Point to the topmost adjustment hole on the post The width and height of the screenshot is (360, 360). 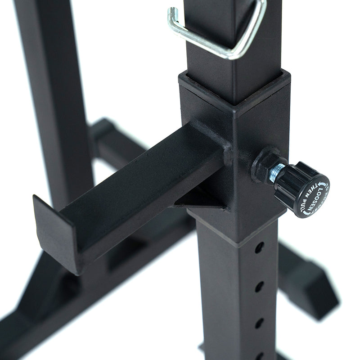click(x=259, y=247)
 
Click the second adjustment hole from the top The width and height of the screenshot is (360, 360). click(x=260, y=286)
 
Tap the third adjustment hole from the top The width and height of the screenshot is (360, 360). click(x=260, y=322)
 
